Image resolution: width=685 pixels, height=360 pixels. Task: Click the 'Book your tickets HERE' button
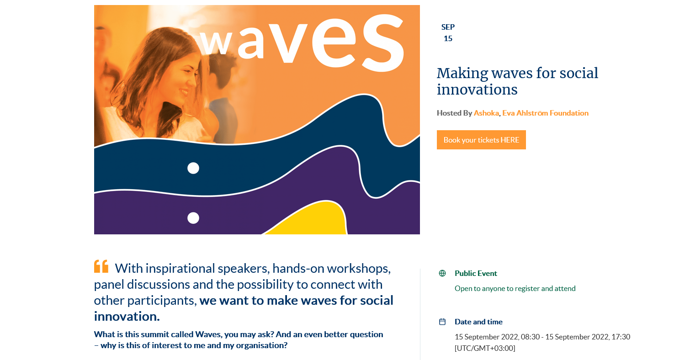(x=481, y=140)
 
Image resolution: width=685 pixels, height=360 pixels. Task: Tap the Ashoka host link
(x=486, y=113)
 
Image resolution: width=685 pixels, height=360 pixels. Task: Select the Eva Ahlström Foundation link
(x=545, y=113)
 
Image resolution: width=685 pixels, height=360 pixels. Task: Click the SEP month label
(x=448, y=27)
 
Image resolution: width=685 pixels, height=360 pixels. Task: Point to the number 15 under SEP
(x=448, y=38)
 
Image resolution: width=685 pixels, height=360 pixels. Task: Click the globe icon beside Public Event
(x=442, y=273)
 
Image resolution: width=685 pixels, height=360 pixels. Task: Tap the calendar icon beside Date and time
(x=442, y=322)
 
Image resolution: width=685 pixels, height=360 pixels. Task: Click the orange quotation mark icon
(x=101, y=266)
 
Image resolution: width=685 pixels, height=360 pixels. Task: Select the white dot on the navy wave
(x=193, y=168)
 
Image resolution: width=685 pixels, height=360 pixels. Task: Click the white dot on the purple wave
(x=193, y=218)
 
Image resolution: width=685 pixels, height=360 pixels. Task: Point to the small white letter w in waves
(x=216, y=42)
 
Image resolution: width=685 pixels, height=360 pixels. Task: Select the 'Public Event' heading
(x=476, y=273)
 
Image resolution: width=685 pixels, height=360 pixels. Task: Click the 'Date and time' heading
(x=478, y=322)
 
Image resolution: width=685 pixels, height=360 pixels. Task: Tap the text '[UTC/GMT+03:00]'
(x=485, y=349)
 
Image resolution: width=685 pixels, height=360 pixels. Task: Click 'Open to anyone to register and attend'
(x=515, y=288)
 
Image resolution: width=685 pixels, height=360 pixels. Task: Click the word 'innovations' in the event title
(x=477, y=90)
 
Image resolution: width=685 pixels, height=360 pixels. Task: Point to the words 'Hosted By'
(x=454, y=113)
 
